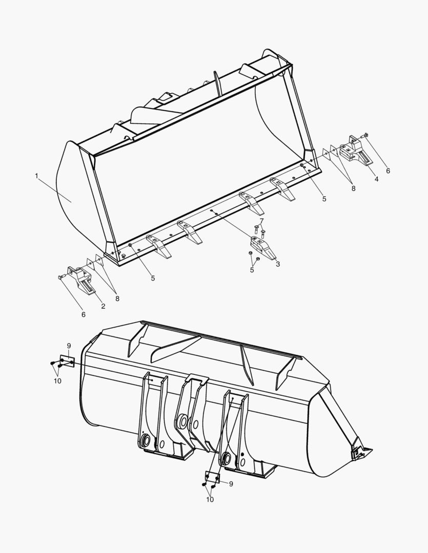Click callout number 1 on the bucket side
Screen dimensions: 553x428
click(36, 176)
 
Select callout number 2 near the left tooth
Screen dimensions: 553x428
click(103, 306)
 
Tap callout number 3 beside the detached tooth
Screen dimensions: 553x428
click(277, 264)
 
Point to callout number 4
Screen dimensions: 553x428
click(376, 179)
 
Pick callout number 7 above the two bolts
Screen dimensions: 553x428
click(261, 221)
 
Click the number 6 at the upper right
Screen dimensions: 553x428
click(388, 171)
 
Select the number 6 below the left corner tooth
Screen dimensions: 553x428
click(84, 314)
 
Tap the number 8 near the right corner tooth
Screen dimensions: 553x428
click(353, 188)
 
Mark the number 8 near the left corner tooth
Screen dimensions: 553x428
click(117, 299)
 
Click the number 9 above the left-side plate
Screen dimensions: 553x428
click(69, 346)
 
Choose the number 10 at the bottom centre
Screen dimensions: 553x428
click(210, 499)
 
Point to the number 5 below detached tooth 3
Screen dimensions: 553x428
click(252, 270)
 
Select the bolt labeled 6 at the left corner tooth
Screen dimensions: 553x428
click(61, 277)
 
